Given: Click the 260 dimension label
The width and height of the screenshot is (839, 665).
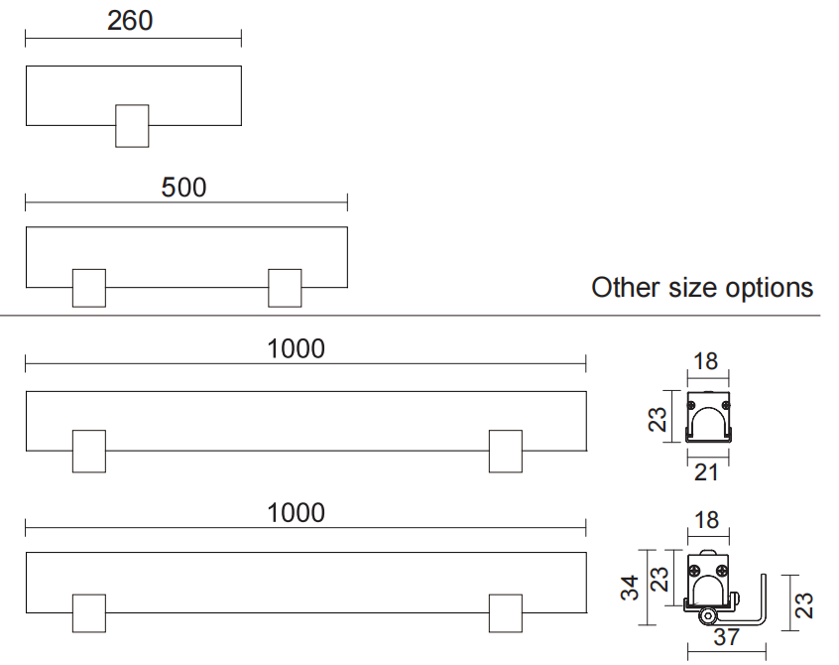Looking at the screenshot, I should coord(130,20).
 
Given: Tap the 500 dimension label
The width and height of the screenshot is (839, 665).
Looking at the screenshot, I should coord(184,186).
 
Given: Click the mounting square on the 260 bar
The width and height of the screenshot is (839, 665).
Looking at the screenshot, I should coord(132,125).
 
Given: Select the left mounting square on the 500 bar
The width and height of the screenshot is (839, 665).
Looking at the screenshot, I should coord(89,288).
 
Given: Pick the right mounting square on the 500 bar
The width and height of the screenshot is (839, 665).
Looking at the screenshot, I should coord(285,288).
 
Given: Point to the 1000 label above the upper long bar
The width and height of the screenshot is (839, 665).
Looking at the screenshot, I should coord(297,348).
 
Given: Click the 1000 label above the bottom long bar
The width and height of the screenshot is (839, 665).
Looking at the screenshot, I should coord(297,512).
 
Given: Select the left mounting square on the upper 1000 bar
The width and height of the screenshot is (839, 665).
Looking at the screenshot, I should coord(89,452).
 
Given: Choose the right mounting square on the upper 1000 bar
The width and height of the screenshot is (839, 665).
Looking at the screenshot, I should coord(506,452).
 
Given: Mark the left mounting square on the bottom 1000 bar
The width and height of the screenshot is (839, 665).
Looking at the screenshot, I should coord(89,613).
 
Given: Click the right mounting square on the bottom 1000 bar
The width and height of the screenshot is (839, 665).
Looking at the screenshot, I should coord(506,613).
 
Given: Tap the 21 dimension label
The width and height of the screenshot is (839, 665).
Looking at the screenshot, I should coord(706,472).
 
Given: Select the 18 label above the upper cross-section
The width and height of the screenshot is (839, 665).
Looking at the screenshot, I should coord(705,361).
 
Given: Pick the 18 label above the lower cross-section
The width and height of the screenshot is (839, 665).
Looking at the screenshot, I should coord(705,521).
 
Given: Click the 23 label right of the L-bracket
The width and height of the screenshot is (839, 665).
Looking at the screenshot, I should coord(805,603).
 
